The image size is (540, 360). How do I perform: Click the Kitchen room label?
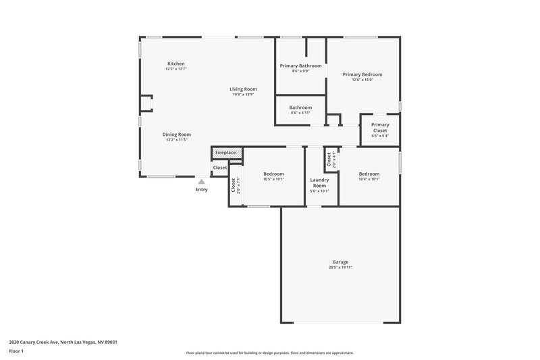[175, 63]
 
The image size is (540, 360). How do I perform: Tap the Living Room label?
[243, 89]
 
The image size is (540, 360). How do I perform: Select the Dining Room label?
[176, 134]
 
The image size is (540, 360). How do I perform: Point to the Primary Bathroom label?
[300, 66]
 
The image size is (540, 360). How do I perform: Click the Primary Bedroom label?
[362, 74]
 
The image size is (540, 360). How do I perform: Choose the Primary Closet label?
[380, 127]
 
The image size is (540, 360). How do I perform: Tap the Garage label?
[340, 262]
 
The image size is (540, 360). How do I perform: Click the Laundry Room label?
[319, 182]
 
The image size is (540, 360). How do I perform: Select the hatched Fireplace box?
[225, 153]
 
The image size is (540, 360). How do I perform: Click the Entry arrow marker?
[201, 181]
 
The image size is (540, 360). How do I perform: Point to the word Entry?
[201, 190]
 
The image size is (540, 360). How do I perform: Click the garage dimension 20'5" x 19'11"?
[340, 267]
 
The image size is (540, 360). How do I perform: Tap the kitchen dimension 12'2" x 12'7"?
[175, 69]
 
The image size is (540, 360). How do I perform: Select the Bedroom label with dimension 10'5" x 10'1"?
[273, 174]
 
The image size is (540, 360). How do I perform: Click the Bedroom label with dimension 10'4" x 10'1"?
[369, 174]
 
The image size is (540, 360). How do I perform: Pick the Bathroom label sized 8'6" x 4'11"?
[300, 107]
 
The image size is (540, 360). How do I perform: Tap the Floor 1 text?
[17, 351]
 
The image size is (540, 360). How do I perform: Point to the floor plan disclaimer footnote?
[269, 353]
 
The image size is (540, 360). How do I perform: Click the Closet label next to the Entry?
[220, 168]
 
